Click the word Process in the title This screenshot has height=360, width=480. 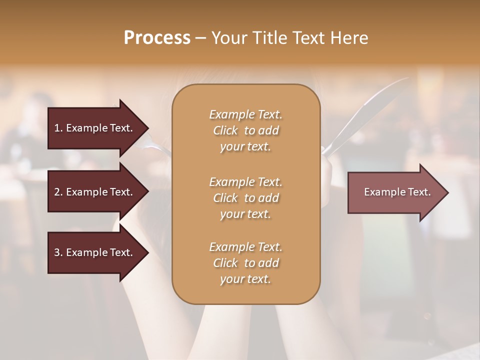coord(157,38)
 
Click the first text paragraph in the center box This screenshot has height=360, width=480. coord(245,130)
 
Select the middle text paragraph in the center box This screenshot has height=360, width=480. coord(245,198)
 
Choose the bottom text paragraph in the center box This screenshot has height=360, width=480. coord(245,263)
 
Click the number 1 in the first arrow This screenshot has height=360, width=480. coord(57,128)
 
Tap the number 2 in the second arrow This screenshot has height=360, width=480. coord(57,192)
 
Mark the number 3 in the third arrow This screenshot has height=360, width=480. coord(57,252)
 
